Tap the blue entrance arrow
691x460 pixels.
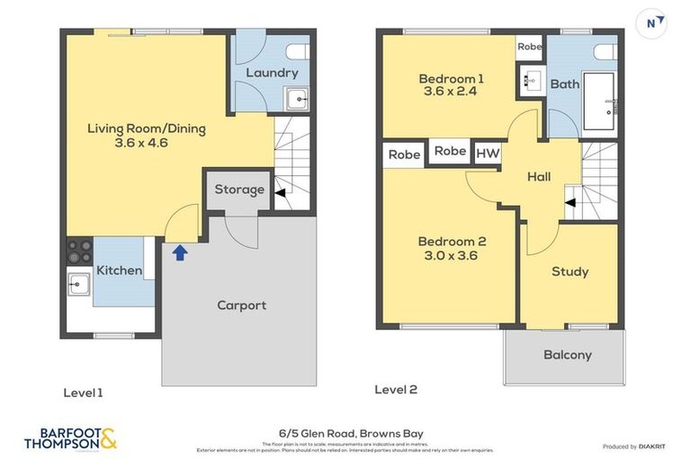click(x=179, y=252)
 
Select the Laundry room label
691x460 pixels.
click(x=271, y=73)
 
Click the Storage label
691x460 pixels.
click(x=239, y=190)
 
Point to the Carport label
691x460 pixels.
click(x=241, y=305)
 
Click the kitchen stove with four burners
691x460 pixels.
click(x=79, y=249)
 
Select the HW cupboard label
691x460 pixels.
click(x=487, y=153)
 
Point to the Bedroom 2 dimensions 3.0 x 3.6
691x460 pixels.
click(x=451, y=255)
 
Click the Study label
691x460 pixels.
click(x=570, y=271)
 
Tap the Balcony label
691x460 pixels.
click(x=567, y=355)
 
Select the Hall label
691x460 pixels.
click(x=539, y=177)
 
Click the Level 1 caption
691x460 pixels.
click(x=83, y=393)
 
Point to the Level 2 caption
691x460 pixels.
click(x=395, y=390)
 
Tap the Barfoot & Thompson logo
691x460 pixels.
click(x=70, y=438)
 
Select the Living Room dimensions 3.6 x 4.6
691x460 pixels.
click(x=141, y=143)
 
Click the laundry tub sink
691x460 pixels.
click(x=296, y=99)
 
